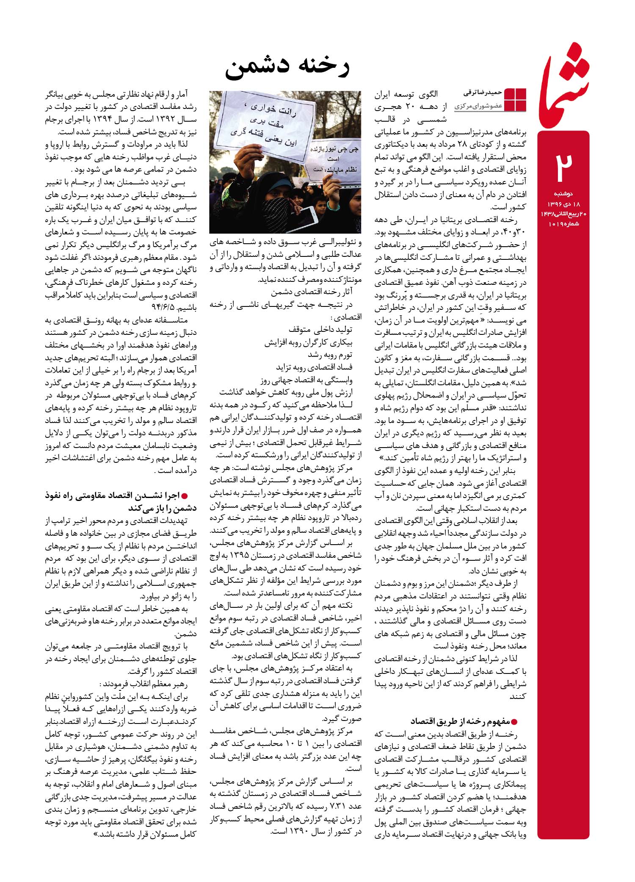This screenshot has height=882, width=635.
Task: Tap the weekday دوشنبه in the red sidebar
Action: (563, 194)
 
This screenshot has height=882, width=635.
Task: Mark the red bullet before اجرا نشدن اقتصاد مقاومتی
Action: (184, 495)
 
